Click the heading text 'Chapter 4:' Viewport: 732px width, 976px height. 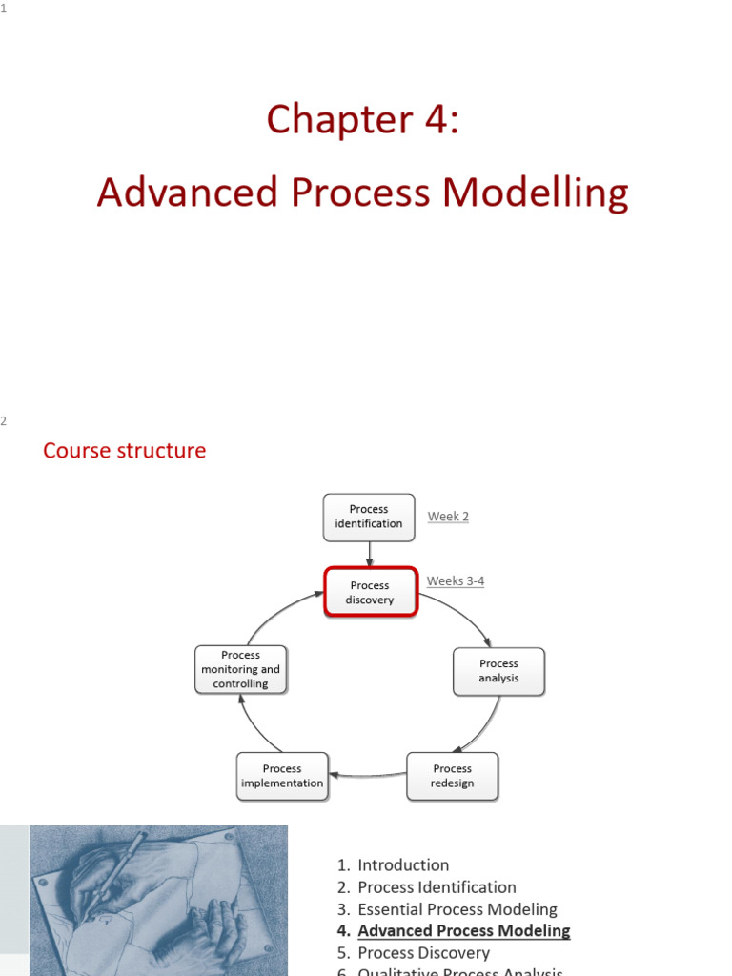pos(362,119)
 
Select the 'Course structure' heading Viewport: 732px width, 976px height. pos(124,450)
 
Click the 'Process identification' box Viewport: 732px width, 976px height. pos(369,517)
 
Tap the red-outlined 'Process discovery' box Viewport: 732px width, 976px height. pos(370,592)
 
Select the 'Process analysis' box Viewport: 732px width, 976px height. pos(498,671)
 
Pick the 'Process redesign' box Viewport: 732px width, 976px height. pos(452,776)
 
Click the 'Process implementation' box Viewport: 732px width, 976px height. pos(282,776)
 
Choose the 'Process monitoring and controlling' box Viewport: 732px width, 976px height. pos(240,669)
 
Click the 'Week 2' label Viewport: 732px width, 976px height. pos(448,517)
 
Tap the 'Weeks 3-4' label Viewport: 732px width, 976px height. pos(456,580)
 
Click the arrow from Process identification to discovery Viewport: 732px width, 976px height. pos(369,553)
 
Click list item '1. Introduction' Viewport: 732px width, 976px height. pos(393,865)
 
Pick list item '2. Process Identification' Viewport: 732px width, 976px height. pos(426,887)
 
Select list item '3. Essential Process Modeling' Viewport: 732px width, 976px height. pos(447,909)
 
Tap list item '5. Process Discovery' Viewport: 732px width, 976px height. pos(413,953)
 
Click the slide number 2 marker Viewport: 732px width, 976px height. pos(4,421)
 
